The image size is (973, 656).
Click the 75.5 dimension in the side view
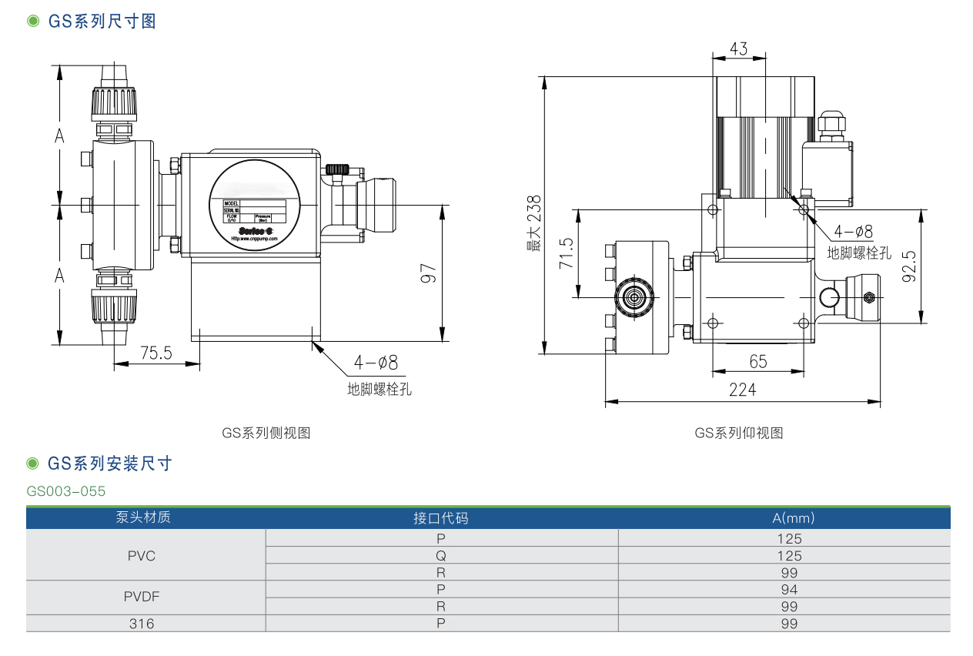(x=156, y=353)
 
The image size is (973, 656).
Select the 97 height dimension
(x=430, y=274)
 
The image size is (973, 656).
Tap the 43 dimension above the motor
(x=738, y=49)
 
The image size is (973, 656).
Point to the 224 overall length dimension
(x=742, y=390)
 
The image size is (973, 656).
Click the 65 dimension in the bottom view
(x=758, y=361)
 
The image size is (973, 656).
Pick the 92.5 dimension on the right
(x=909, y=266)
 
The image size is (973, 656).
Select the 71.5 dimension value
(x=567, y=253)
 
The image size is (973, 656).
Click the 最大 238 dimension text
(x=533, y=223)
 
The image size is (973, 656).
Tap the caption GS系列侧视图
(x=266, y=433)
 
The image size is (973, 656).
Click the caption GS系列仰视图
(x=739, y=433)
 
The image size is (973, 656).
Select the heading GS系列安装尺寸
(x=110, y=464)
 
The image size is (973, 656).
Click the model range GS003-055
(x=66, y=491)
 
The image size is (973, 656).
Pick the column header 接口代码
(x=440, y=517)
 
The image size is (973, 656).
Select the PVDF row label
(x=142, y=596)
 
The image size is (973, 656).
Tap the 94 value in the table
(x=789, y=590)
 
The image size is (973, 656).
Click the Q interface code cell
(x=441, y=555)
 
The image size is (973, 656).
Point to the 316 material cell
(x=142, y=624)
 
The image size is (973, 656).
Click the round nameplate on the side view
(x=252, y=206)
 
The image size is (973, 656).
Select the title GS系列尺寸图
(x=102, y=22)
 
